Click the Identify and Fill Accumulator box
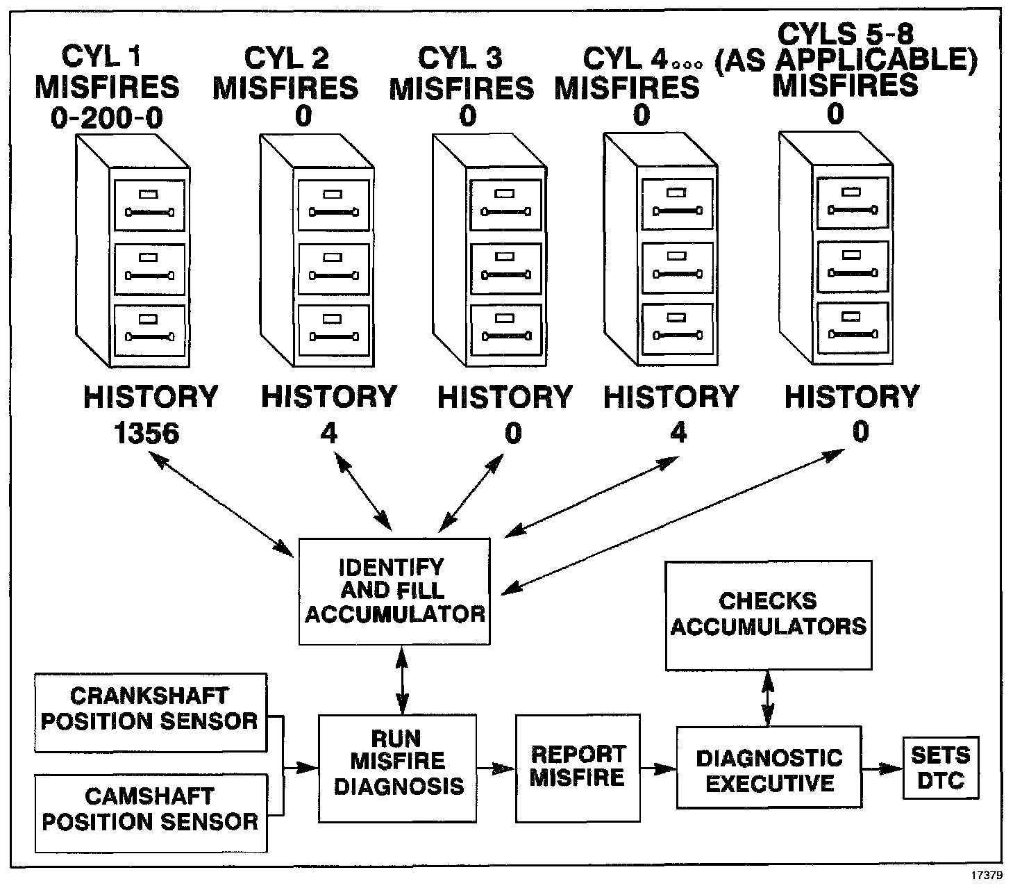[x=394, y=591]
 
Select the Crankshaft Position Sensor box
[x=150, y=712]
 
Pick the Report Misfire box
[x=578, y=767]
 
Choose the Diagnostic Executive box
[x=769, y=767]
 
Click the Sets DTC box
[x=941, y=767]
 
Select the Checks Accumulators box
[x=768, y=615]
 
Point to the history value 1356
[x=146, y=434]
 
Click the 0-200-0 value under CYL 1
[x=107, y=118]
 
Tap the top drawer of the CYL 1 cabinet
[x=150, y=205]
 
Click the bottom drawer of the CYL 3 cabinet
[x=505, y=330]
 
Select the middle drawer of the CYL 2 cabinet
[x=333, y=268]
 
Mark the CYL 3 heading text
[x=461, y=58]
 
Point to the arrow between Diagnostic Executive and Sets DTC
[x=882, y=768]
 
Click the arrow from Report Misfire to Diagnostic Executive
[x=658, y=768]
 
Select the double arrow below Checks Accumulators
[x=767, y=698]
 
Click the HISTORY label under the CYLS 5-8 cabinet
[x=852, y=397]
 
